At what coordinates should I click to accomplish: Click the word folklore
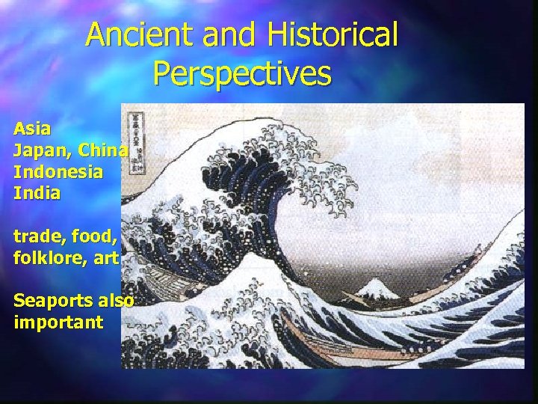[x=49, y=259]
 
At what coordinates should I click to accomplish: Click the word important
[x=58, y=324]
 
